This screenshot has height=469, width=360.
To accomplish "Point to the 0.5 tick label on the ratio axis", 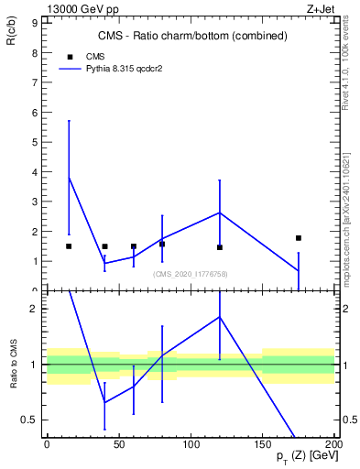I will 27,420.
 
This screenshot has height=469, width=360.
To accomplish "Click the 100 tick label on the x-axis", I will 191,445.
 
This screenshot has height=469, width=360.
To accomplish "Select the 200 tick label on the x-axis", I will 334,445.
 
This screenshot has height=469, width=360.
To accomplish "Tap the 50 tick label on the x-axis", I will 118,445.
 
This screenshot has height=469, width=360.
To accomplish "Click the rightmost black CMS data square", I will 299,238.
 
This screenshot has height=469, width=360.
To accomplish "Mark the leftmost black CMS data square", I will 69,246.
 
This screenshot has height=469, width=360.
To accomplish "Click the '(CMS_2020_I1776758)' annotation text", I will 191,274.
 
